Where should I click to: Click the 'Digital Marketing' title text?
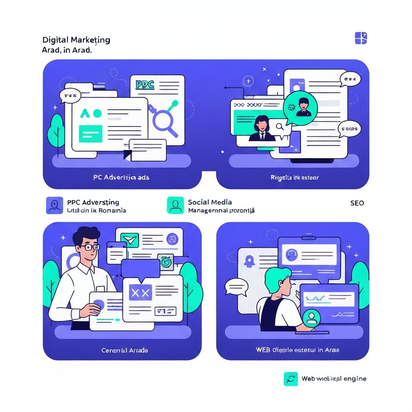click(76, 40)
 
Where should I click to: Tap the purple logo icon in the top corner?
click(361, 38)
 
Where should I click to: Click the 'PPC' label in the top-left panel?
click(145, 85)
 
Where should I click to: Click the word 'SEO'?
click(357, 203)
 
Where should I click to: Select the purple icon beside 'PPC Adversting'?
click(54, 205)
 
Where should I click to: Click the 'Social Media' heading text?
click(210, 202)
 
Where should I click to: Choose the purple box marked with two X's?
click(140, 293)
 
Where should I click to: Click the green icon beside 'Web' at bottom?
click(290, 379)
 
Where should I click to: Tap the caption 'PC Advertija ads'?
click(121, 177)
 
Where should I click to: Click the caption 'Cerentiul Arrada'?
click(124, 350)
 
